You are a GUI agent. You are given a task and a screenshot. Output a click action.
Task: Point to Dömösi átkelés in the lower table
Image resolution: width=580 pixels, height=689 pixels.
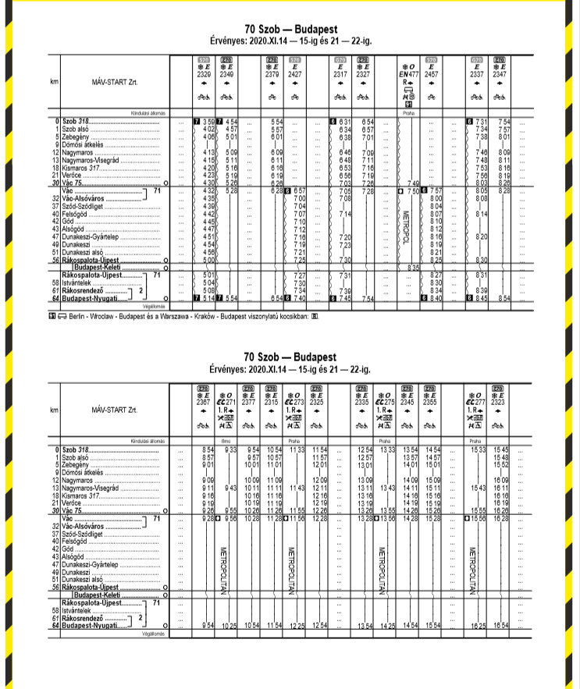click(x=83, y=472)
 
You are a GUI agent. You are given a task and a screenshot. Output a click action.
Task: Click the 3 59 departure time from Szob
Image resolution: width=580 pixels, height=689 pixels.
click(x=208, y=122)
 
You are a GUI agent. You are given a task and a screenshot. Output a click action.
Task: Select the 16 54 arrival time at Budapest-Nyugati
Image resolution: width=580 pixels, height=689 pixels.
click(x=501, y=626)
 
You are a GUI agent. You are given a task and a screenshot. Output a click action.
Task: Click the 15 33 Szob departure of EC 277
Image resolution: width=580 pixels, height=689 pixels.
click(x=475, y=450)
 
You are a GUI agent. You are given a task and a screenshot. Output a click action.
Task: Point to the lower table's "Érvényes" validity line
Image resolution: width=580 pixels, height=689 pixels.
click(x=289, y=366)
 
